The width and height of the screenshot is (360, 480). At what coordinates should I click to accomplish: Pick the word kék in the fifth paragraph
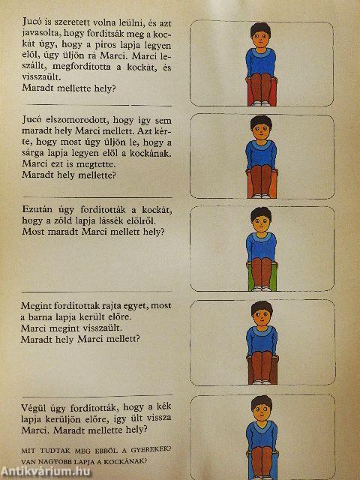(163, 406)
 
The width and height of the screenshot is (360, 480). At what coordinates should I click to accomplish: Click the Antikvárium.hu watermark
(46, 472)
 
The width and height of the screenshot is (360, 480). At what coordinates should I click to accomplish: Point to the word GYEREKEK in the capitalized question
(151, 450)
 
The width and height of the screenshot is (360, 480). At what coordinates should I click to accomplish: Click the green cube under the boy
(262, 277)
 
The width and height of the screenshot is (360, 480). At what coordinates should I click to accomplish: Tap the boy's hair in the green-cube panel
(261, 213)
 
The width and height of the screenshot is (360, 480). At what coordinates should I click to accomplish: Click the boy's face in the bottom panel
(262, 412)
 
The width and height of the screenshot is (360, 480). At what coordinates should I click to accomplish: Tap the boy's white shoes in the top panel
(261, 103)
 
